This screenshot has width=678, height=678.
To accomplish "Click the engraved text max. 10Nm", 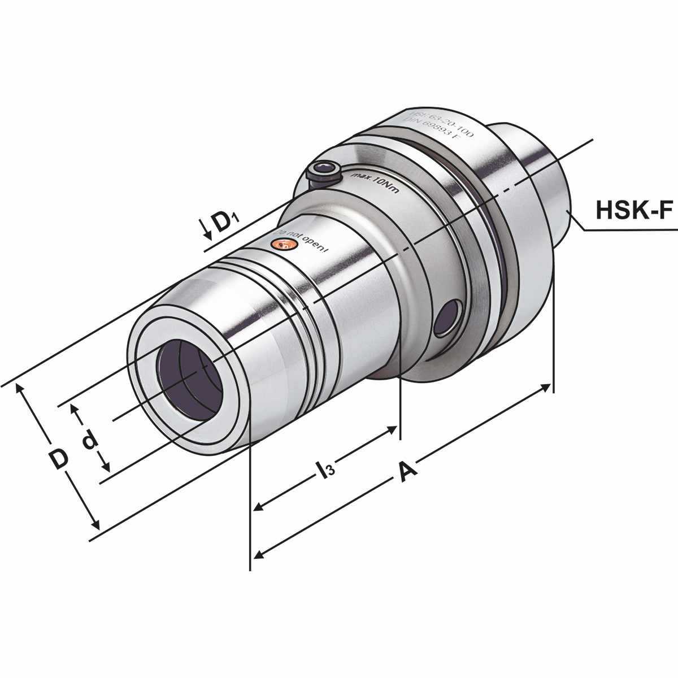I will coord(375,184).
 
